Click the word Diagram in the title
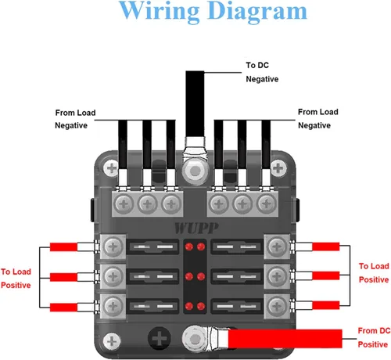click(257, 12)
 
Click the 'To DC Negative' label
click(262, 72)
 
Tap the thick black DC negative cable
click(195, 103)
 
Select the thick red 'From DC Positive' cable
click(285, 339)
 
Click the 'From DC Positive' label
click(374, 337)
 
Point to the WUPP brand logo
click(196, 229)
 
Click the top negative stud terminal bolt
click(195, 171)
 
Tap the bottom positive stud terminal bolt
click(195, 339)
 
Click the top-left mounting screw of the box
click(112, 168)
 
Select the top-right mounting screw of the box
click(278, 168)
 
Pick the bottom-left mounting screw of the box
click(112, 341)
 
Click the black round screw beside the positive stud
click(160, 338)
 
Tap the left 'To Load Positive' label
click(16, 279)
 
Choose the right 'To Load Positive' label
click(374, 273)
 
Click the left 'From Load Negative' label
click(75, 119)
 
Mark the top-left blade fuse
click(153, 247)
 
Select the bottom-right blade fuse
click(237, 306)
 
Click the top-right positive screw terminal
click(277, 247)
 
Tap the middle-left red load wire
click(63, 277)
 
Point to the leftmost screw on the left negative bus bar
click(124, 204)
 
